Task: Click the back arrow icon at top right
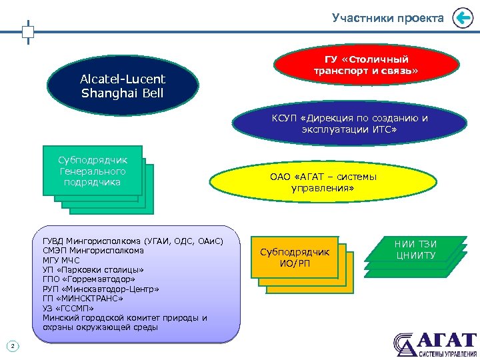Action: tap(462, 18)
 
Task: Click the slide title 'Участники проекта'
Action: tap(387, 18)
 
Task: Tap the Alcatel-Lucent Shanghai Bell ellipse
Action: tap(123, 86)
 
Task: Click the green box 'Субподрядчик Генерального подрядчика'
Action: tap(93, 171)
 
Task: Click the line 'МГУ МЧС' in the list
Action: tap(62, 260)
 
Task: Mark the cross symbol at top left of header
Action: tap(28, 31)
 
